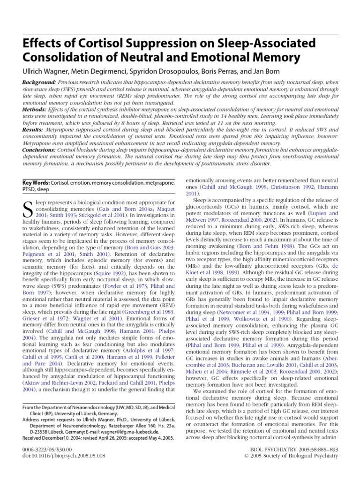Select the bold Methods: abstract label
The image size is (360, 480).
point(34,109)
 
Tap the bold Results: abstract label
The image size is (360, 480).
point(33,129)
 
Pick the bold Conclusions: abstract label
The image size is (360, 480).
point(40,150)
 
